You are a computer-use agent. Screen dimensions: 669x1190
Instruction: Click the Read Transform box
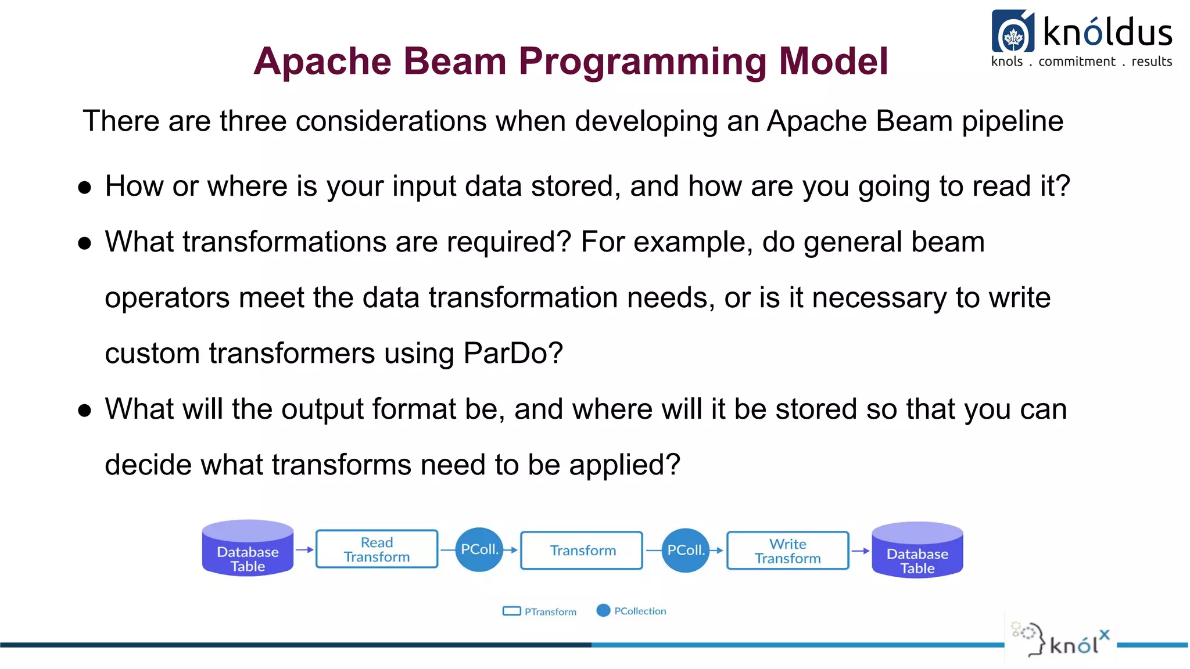[x=377, y=549]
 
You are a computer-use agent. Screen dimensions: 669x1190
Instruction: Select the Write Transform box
[x=787, y=551]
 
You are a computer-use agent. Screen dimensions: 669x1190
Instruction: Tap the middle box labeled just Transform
[x=582, y=551]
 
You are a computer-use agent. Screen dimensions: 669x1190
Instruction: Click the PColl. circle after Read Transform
[x=479, y=549]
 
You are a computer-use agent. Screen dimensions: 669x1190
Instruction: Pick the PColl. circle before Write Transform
[x=685, y=550]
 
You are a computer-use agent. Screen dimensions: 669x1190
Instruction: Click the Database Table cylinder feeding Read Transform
[x=248, y=549]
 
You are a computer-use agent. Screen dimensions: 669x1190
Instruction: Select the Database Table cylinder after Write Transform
[x=917, y=551]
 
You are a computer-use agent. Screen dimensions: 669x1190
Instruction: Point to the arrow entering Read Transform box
[x=304, y=549]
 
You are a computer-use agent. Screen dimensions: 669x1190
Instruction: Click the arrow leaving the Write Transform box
[x=860, y=551]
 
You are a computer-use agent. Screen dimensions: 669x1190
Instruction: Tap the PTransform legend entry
[x=540, y=612]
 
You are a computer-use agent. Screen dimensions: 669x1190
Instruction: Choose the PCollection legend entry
[x=632, y=611]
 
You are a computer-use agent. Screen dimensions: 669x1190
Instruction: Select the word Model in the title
[x=833, y=61]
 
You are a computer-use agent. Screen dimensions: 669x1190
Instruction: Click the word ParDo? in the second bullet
[x=513, y=353]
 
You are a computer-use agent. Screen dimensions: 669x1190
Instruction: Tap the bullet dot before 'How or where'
[x=85, y=188]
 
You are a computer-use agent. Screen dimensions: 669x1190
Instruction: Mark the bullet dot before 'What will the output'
[x=85, y=411]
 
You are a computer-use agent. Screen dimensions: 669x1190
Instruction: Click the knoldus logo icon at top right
[x=1013, y=32]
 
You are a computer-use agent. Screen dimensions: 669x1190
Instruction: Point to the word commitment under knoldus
[x=1077, y=62]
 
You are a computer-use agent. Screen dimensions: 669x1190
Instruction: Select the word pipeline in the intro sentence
[x=1012, y=122]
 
